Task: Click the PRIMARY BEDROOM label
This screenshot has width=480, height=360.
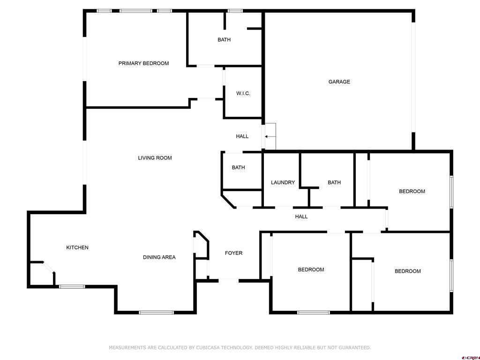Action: coord(143,63)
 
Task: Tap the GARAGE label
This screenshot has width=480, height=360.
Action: coord(339,82)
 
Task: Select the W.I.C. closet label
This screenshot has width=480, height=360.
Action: coord(243,93)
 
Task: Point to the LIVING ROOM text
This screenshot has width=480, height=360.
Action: coord(155,158)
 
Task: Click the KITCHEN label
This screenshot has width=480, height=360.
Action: coord(77,247)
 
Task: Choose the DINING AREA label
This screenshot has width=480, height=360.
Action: coord(159,257)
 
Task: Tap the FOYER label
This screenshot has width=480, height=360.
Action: coord(233,253)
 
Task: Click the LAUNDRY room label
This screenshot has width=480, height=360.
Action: coord(283,182)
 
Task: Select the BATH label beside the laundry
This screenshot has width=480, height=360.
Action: coord(334,182)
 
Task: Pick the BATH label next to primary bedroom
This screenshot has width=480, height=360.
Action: coord(224,39)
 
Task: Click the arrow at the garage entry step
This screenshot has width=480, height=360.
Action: coord(270,136)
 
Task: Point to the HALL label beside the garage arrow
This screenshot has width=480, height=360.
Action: coord(242,136)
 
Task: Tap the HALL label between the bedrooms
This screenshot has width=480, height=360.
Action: coord(301,217)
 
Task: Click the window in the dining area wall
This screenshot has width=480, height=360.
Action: coord(157,313)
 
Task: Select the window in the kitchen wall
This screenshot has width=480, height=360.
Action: coord(72,286)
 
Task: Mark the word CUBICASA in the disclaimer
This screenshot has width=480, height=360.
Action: coord(208,347)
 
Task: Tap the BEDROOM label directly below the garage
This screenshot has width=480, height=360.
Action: coord(412,191)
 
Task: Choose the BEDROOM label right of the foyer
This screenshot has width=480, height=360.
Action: coord(311,270)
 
